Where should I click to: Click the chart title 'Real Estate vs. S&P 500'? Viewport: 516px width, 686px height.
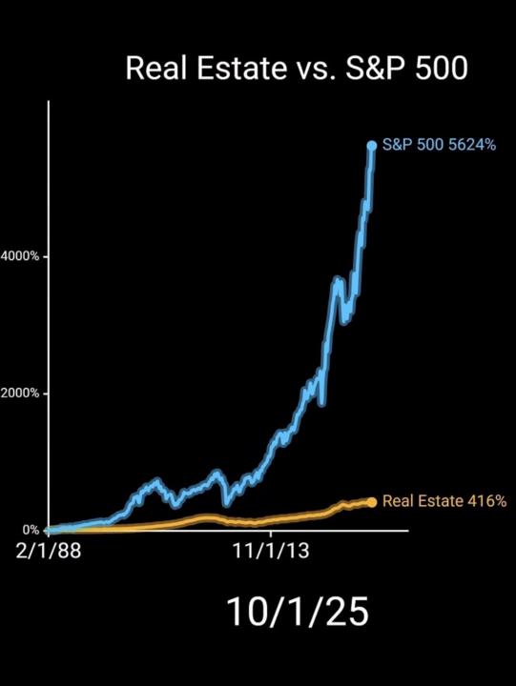pos(296,69)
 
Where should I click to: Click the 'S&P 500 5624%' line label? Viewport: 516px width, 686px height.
pos(439,145)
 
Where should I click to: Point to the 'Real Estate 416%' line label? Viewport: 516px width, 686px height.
pos(444,501)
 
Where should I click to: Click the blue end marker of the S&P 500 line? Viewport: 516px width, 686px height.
pos(372,145)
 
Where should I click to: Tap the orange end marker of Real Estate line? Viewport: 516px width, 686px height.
pos(372,501)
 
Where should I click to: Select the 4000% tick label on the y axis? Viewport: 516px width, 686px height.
pos(19,256)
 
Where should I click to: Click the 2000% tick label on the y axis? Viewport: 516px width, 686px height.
pos(19,393)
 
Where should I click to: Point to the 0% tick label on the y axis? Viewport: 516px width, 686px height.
pos(31,530)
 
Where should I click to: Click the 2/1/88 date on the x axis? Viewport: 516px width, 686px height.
pos(48,552)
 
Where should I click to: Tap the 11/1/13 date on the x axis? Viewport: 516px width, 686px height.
pos(272,552)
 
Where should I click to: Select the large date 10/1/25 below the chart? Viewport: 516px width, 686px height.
pos(297,612)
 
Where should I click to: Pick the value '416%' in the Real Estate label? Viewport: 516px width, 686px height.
pos(486,501)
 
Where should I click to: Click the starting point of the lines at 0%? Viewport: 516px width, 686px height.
pos(50,529)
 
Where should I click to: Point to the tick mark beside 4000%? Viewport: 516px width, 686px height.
pos(44,256)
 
